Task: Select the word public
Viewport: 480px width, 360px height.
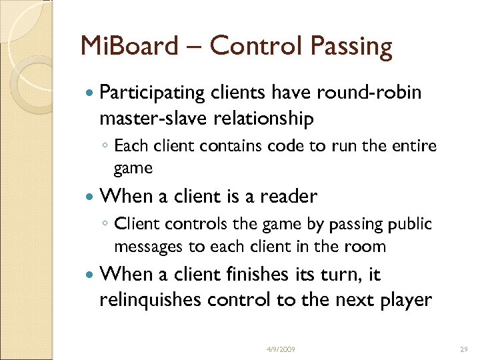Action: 409,223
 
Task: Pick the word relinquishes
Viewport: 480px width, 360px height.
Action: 149,300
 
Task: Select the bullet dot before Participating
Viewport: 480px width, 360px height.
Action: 89,93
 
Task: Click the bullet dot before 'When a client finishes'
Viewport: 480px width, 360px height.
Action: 89,275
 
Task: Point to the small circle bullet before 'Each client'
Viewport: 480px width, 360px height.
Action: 106,146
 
